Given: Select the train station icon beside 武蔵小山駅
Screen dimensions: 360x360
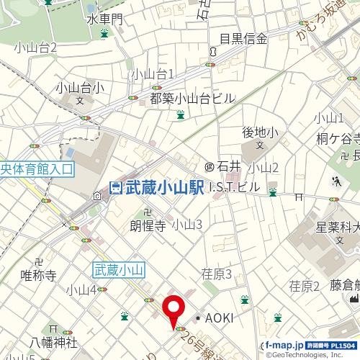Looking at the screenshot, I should click(x=115, y=188).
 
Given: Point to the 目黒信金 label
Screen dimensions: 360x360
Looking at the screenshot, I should click(x=243, y=39).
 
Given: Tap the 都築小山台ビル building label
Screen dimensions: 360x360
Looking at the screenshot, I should click(x=192, y=98).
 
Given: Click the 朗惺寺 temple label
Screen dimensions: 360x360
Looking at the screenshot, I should click(x=148, y=225).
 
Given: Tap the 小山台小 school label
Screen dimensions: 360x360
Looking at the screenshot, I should click(x=80, y=89).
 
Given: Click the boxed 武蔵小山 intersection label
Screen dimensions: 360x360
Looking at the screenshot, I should click(x=120, y=269).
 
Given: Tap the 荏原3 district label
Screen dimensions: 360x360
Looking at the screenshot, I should click(x=216, y=274).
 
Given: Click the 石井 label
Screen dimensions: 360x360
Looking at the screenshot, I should click(x=228, y=167).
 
